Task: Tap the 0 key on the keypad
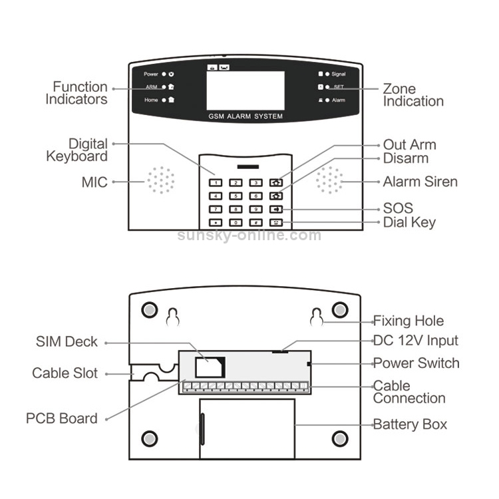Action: (236, 223)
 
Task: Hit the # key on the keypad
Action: (255, 223)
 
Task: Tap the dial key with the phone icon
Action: (276, 223)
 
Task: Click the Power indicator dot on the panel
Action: (164, 74)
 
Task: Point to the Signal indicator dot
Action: (327, 74)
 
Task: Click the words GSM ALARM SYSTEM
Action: (246, 116)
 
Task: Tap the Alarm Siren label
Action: (420, 182)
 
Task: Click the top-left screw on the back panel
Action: (150, 311)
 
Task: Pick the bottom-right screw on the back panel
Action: (340, 438)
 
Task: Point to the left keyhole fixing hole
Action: (172, 317)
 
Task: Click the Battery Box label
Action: (410, 424)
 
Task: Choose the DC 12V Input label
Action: (415, 341)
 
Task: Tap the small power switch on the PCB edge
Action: (309, 363)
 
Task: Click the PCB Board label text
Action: (62, 418)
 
